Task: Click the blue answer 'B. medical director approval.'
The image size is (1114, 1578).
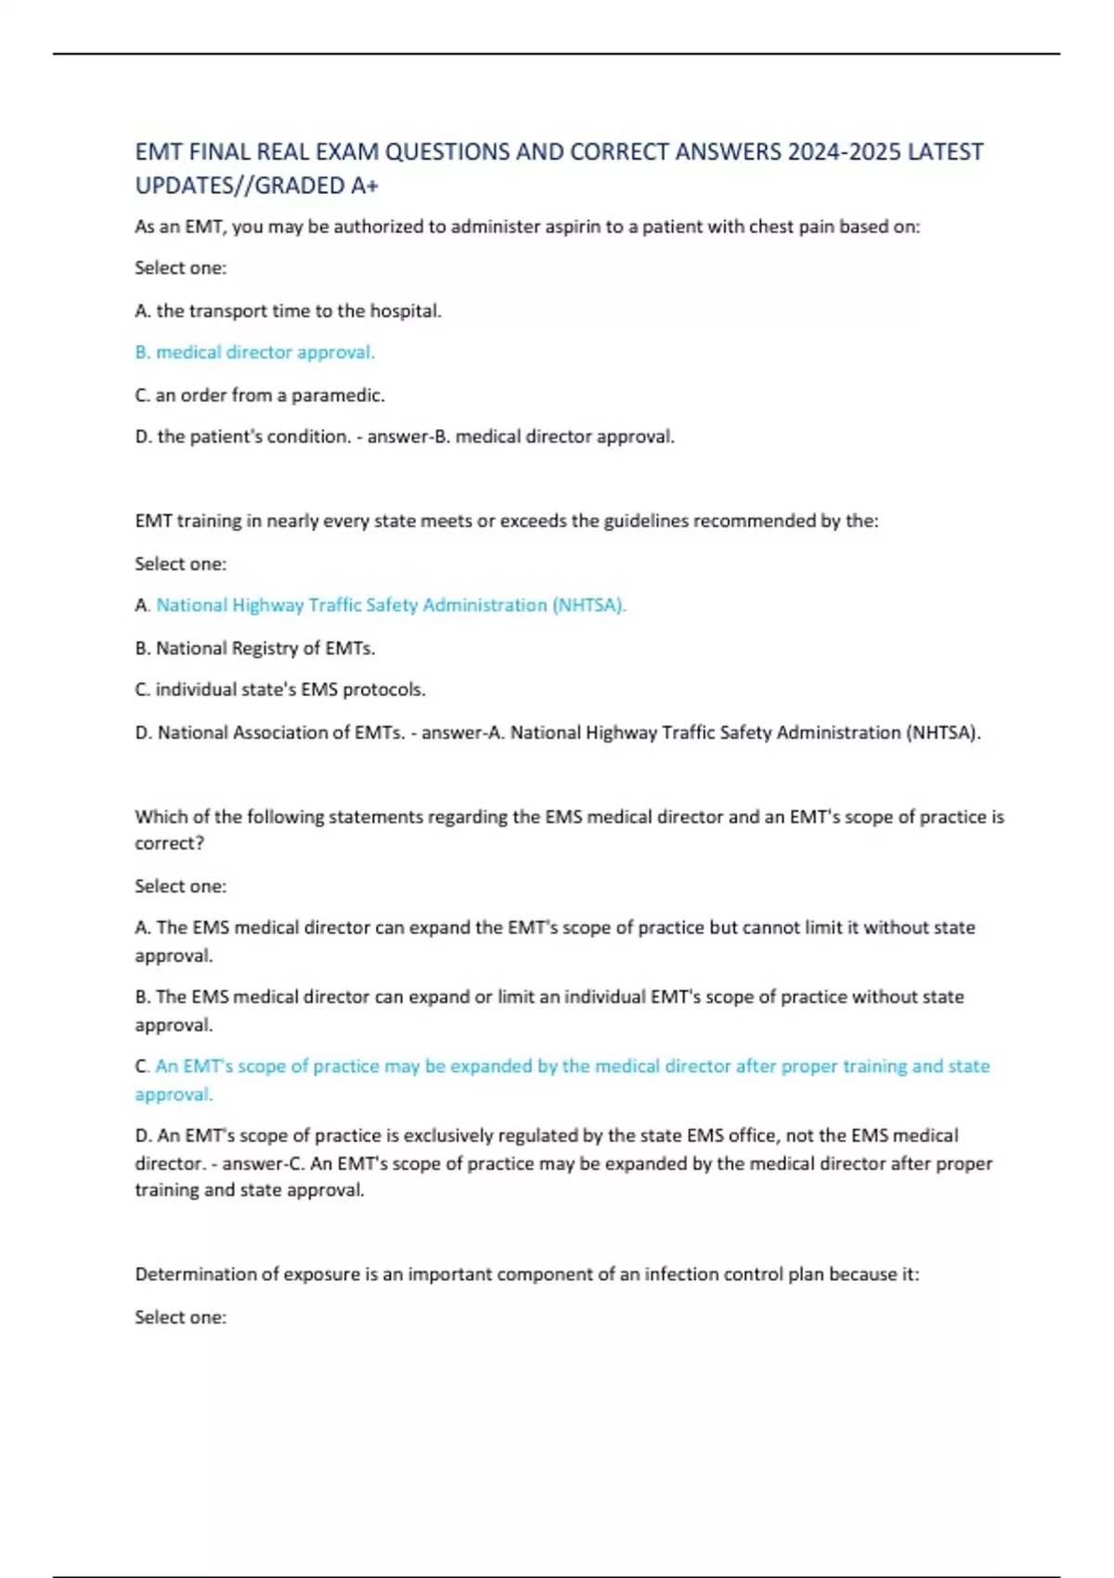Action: pyautogui.click(x=255, y=353)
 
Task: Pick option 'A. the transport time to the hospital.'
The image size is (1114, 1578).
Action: pyautogui.click(x=288, y=311)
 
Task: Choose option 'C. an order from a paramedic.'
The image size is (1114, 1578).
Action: pyautogui.click(x=260, y=395)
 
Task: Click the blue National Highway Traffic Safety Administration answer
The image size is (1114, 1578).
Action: pyautogui.click(x=391, y=605)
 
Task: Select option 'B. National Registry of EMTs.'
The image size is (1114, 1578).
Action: pyautogui.click(x=255, y=648)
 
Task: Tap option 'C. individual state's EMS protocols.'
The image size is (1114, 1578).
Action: pyautogui.click(x=280, y=690)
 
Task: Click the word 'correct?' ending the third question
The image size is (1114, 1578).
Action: pyautogui.click(x=170, y=843)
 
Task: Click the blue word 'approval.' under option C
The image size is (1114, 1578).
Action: pyautogui.click(x=174, y=1094)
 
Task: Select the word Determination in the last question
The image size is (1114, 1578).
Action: pyautogui.click(x=191, y=1274)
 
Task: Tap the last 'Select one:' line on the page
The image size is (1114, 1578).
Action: pyautogui.click(x=181, y=1317)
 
